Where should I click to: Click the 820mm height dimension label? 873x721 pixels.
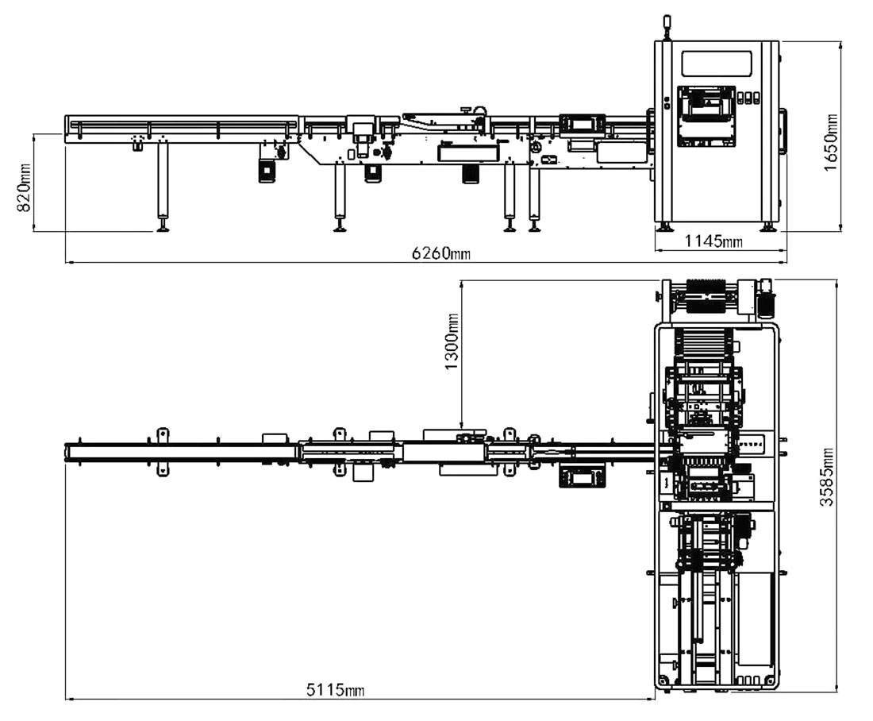[25, 187]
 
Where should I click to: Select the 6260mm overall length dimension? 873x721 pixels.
[440, 253]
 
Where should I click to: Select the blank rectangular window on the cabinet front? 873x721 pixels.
[717, 64]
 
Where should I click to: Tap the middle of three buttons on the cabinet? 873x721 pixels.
[748, 98]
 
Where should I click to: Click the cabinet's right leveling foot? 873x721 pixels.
[768, 227]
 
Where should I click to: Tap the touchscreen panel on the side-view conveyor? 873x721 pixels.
[582, 124]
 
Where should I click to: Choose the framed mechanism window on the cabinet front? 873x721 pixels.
[706, 114]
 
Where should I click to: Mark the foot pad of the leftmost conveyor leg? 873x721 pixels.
[163, 229]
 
